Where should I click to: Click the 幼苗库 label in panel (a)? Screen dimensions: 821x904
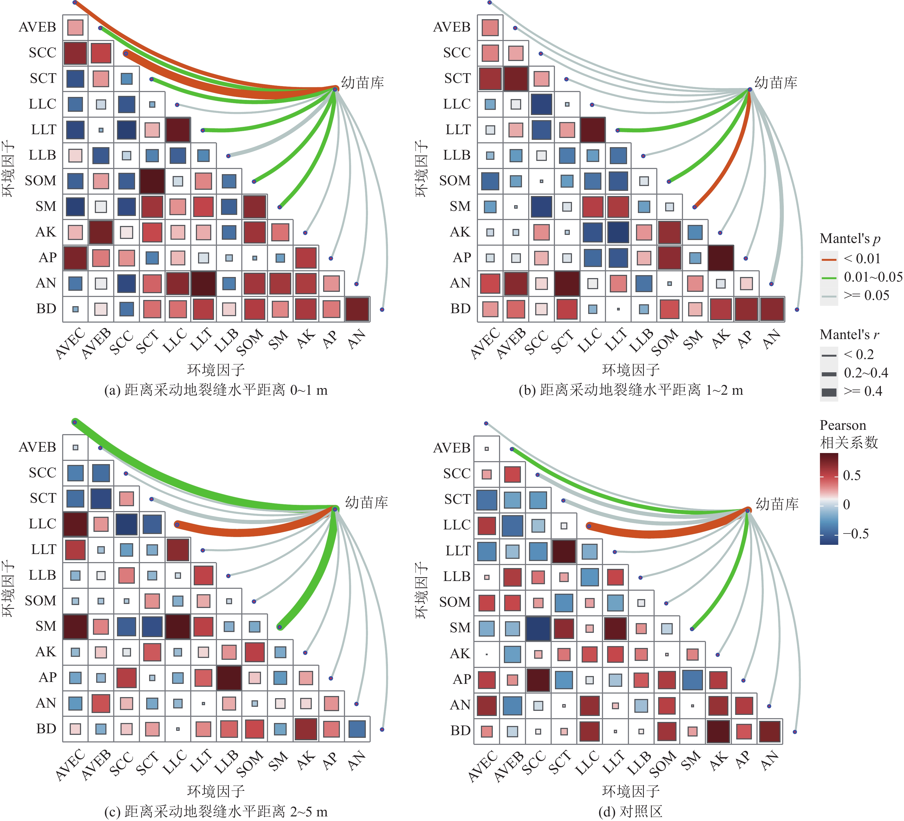(x=362, y=82)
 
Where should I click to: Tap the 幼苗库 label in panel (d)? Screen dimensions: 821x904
(x=777, y=504)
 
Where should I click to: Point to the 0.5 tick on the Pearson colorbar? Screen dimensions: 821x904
(x=852, y=475)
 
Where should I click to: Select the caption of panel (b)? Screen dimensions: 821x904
(x=631, y=390)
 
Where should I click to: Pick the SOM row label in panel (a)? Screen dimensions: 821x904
(x=40, y=181)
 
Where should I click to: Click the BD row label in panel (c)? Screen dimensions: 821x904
(x=46, y=729)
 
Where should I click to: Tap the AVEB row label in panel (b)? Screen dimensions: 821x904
(x=452, y=27)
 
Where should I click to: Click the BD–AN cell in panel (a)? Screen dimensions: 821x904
(x=357, y=309)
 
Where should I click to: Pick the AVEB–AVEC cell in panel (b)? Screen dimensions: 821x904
(x=490, y=27)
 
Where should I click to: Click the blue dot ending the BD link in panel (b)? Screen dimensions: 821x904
(x=797, y=310)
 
